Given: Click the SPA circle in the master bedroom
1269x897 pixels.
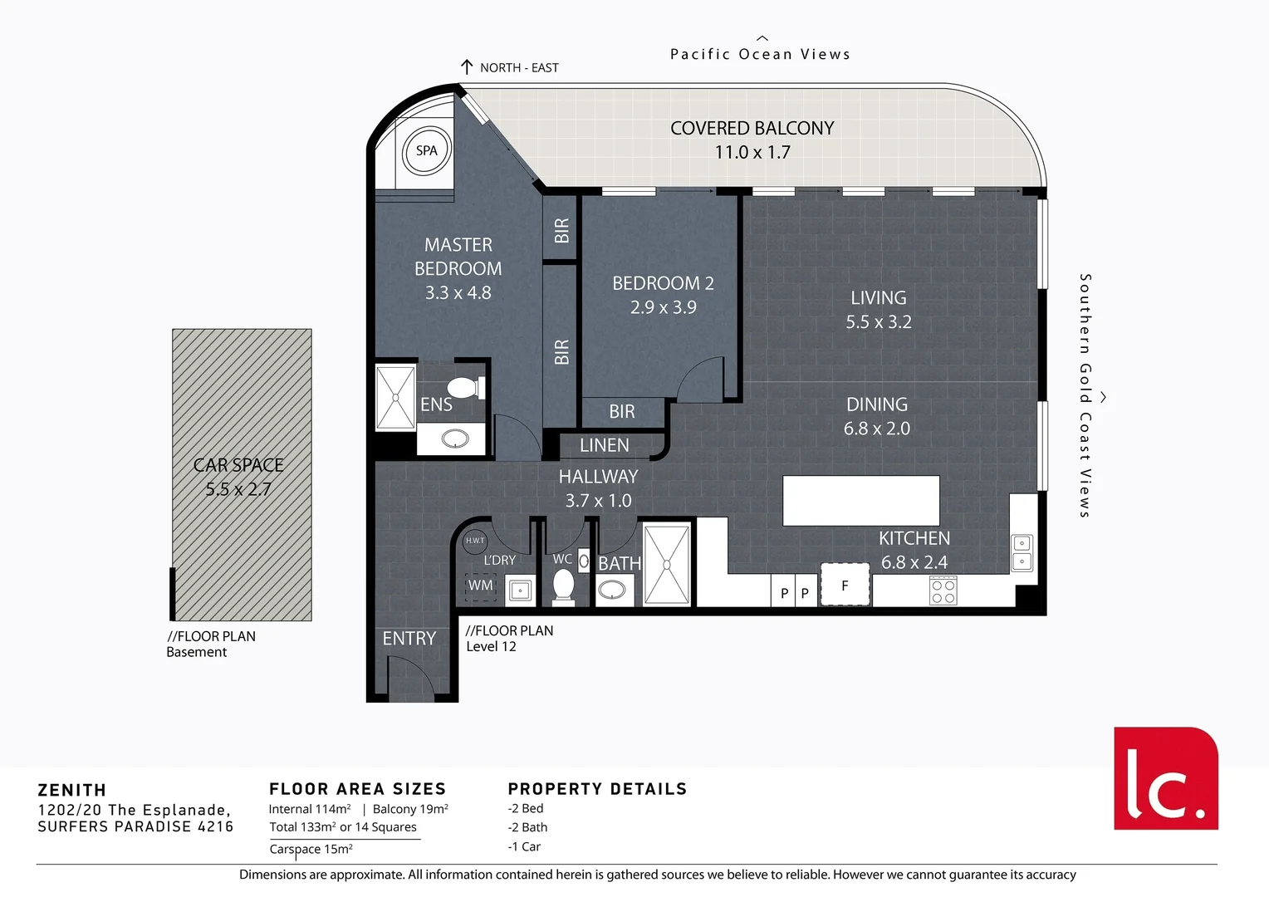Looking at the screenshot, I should pyautogui.click(x=426, y=151).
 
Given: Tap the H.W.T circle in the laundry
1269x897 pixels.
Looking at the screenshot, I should pyautogui.click(x=475, y=541).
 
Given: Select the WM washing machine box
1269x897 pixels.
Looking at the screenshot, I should pyautogui.click(x=480, y=586).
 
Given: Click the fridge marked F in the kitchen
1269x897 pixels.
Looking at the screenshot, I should pyautogui.click(x=845, y=585).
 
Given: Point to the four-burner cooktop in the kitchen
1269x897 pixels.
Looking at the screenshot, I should pyautogui.click(x=943, y=591).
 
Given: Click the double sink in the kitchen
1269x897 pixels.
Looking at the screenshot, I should pyautogui.click(x=1022, y=553).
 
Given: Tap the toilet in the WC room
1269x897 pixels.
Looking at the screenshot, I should pyautogui.click(x=564, y=585).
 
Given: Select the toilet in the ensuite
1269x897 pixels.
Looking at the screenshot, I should pyautogui.click(x=464, y=388).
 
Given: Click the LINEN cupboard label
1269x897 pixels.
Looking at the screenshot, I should pyautogui.click(x=604, y=446).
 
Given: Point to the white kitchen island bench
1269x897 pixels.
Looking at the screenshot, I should pyautogui.click(x=860, y=500).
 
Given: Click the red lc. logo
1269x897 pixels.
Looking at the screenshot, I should pyautogui.click(x=1165, y=778).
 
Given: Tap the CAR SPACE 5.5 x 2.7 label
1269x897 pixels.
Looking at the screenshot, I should pyautogui.click(x=238, y=477).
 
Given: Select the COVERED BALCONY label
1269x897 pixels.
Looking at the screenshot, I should pyautogui.click(x=752, y=129).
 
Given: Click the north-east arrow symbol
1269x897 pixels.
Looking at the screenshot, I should pyautogui.click(x=467, y=67).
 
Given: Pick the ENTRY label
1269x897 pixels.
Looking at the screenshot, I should pyautogui.click(x=409, y=638).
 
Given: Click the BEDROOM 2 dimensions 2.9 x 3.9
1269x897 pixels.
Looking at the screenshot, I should pyautogui.click(x=663, y=307).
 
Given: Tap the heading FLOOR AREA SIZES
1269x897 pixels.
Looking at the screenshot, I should pyautogui.click(x=357, y=789).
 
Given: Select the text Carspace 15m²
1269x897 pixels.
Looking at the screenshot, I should pyautogui.click(x=311, y=849).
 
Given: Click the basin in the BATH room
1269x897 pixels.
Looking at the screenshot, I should pyautogui.click(x=613, y=590).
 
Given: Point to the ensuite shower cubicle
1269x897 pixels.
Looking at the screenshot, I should pyautogui.click(x=395, y=397).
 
